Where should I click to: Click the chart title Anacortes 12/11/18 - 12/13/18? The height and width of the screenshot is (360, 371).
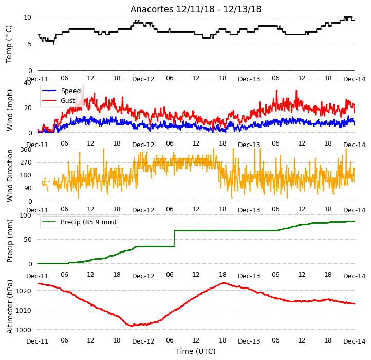pos(196,9)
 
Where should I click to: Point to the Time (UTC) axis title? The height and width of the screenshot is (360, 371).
pos(196,351)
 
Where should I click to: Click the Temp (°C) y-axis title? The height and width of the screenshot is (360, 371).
pos(9,44)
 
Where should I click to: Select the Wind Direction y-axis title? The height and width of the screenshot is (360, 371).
pos(10,175)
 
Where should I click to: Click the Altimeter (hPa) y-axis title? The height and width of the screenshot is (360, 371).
pos(10,307)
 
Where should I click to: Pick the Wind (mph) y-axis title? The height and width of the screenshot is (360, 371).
pos(10,110)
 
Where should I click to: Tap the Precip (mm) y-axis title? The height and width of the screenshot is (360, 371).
pos(10,241)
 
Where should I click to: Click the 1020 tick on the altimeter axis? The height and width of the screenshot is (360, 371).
pos(24,291)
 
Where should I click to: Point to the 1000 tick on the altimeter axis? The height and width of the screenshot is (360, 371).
pos(24,330)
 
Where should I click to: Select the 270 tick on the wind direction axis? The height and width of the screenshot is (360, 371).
pos(26,163)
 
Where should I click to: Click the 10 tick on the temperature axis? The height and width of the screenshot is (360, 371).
pos(27,17)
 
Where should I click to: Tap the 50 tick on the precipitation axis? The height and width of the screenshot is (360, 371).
pos(27,240)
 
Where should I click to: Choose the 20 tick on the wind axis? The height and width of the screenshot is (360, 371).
pos(27,108)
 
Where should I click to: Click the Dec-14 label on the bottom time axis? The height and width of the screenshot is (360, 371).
pos(354,341)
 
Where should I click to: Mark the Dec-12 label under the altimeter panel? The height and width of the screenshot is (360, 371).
pos(143,341)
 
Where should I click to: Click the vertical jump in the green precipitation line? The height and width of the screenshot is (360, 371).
pos(174,239)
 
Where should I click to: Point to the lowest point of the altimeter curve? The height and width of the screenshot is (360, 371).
pos(132,326)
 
